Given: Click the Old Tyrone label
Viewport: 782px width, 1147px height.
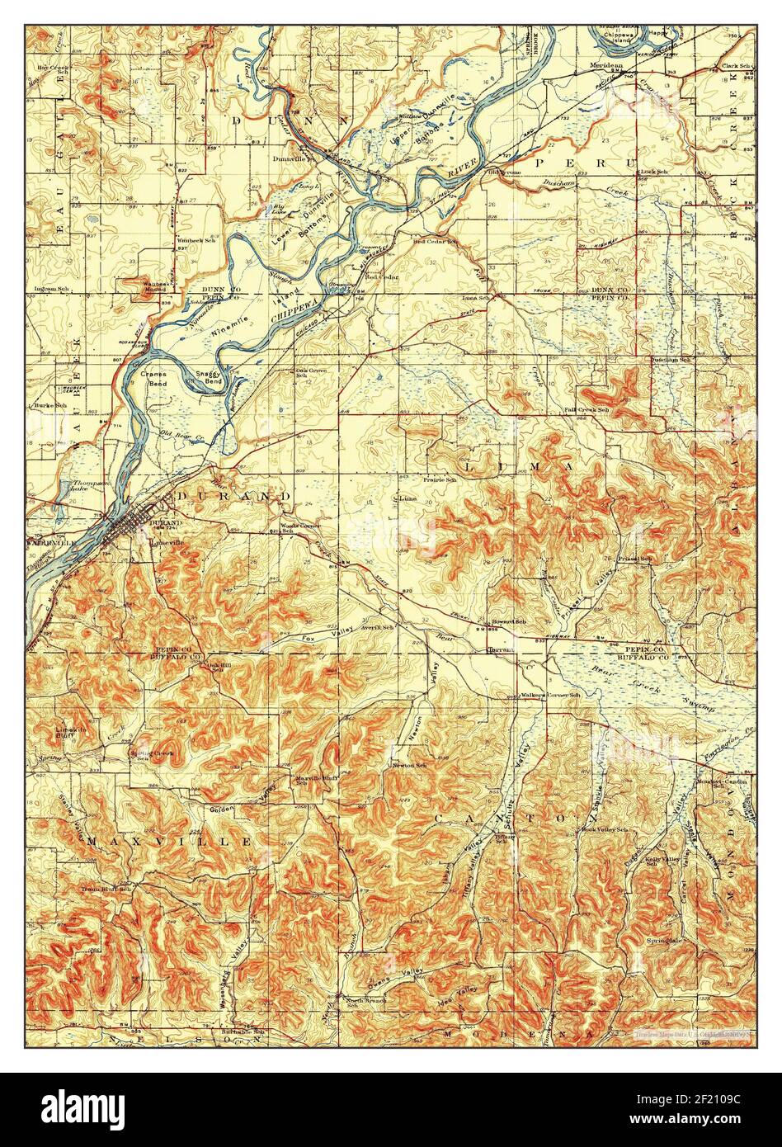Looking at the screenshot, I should click(x=503, y=172).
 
